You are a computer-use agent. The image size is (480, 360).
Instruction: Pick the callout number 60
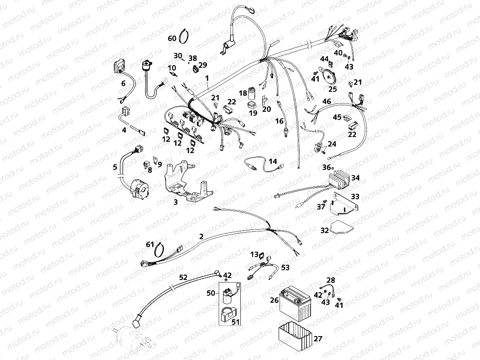tap(172, 38)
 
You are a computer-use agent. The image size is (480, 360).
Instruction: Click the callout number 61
tap(150, 245)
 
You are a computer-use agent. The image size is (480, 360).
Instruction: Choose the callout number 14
tap(273, 161)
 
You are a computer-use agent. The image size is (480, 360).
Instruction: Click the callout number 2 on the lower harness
tap(201, 237)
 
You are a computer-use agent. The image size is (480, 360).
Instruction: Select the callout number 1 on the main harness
tap(207, 78)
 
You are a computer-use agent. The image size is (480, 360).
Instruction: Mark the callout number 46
tap(327, 101)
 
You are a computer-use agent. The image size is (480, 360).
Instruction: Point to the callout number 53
tap(285, 267)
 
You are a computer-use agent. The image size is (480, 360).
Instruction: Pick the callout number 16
tap(279, 121)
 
